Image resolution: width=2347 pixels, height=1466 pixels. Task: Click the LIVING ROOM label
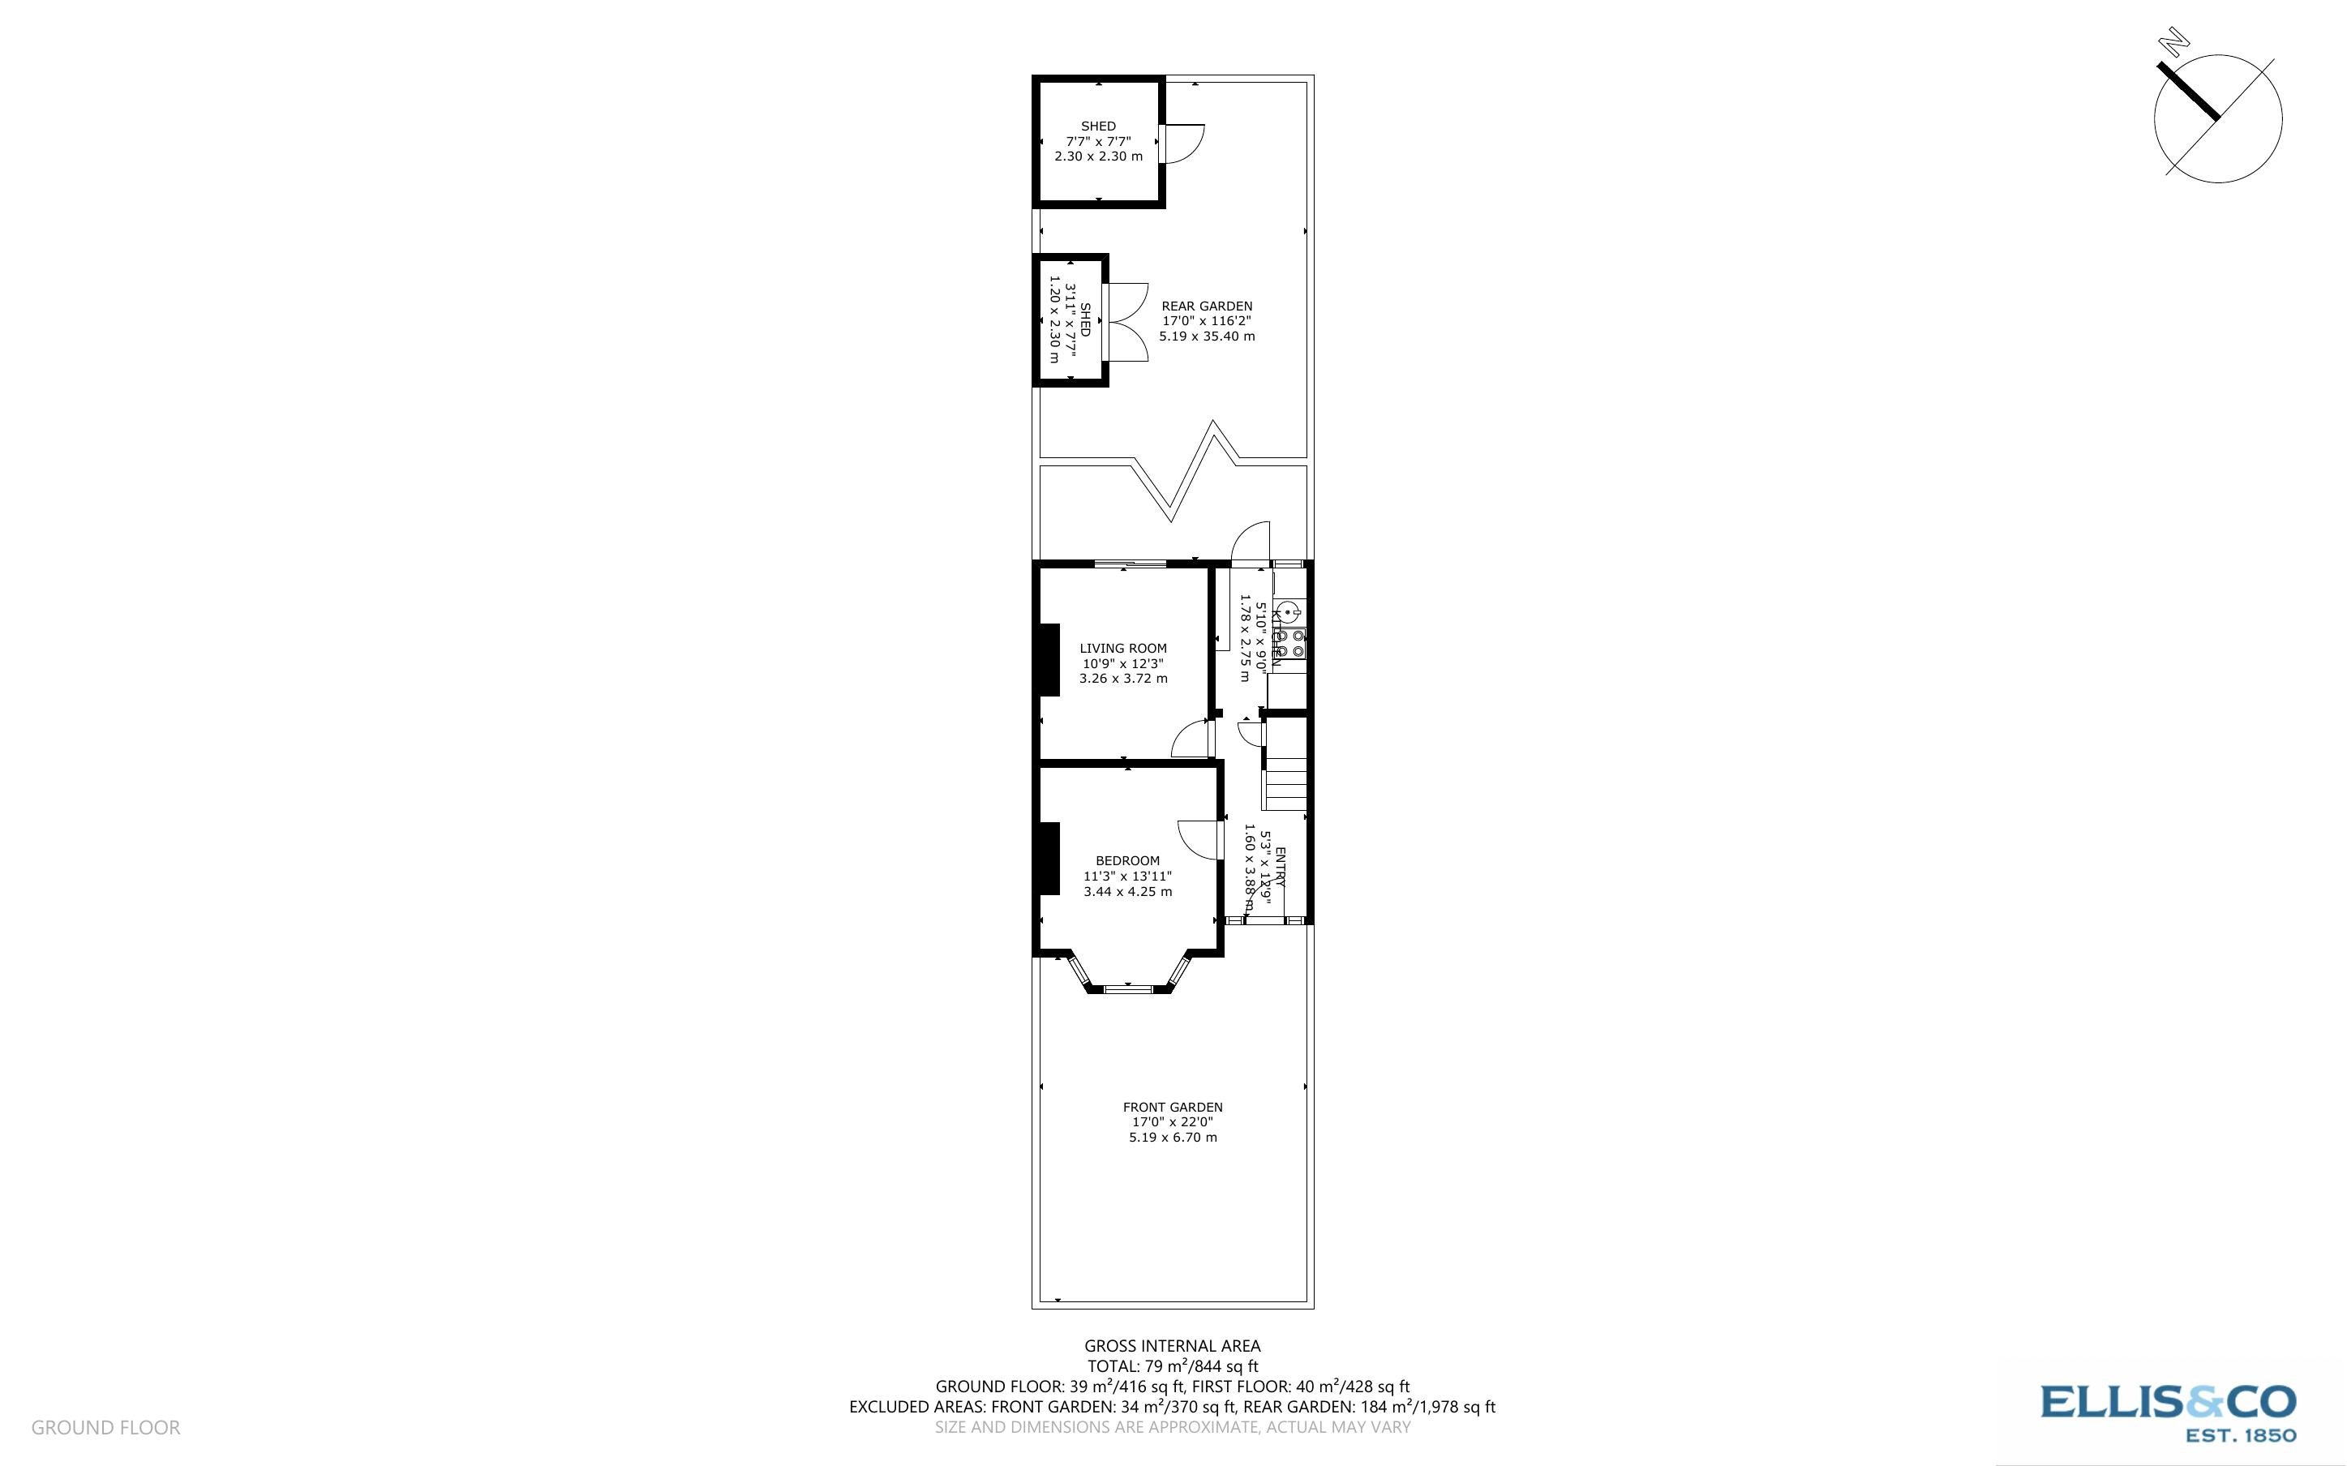click(1122, 649)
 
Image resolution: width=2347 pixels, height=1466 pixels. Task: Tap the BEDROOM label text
click(1127, 861)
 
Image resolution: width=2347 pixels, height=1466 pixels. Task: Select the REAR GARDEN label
click(1207, 306)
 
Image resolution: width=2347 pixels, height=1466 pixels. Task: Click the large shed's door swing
click(1182, 144)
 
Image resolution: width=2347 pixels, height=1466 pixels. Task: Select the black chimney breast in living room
click(1048, 660)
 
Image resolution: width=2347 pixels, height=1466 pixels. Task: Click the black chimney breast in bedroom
click(1048, 859)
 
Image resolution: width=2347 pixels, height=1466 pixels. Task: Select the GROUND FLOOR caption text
click(105, 1427)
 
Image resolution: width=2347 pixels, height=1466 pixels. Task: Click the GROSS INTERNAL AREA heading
click(1172, 1346)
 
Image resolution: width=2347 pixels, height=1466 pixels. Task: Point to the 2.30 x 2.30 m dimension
click(1098, 156)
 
